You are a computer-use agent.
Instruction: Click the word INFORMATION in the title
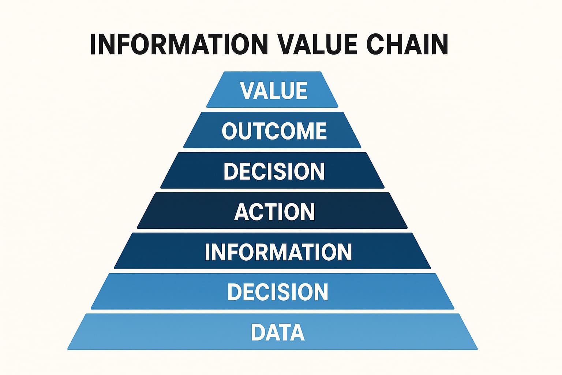tap(179, 44)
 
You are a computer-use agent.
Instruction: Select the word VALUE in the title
tap(318, 44)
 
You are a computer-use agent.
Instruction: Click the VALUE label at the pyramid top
tap(274, 90)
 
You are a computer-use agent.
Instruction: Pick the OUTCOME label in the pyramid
tap(274, 131)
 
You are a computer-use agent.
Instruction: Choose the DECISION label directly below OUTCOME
tap(274, 171)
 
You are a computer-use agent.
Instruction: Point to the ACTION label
tap(274, 212)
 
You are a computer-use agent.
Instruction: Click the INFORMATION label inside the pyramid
tap(278, 252)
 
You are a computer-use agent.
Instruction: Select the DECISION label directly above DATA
tap(278, 292)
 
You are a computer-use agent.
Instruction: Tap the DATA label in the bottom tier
tap(278, 332)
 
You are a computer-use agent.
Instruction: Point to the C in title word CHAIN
tap(375, 44)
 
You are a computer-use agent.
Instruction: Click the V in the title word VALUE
tap(286, 44)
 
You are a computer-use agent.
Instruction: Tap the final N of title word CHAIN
tap(441, 44)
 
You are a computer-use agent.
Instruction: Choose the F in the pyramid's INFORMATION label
tap(233, 252)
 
